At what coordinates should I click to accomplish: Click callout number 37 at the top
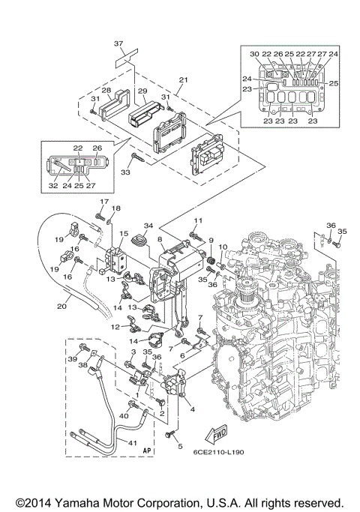(118, 44)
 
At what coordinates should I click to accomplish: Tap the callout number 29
(142, 91)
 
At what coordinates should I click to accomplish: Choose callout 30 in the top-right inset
(254, 54)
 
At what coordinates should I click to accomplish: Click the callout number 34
(148, 226)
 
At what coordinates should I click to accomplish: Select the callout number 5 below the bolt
(179, 446)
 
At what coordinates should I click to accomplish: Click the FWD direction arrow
(217, 432)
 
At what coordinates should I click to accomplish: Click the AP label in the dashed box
(147, 451)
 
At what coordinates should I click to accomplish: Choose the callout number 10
(223, 247)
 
